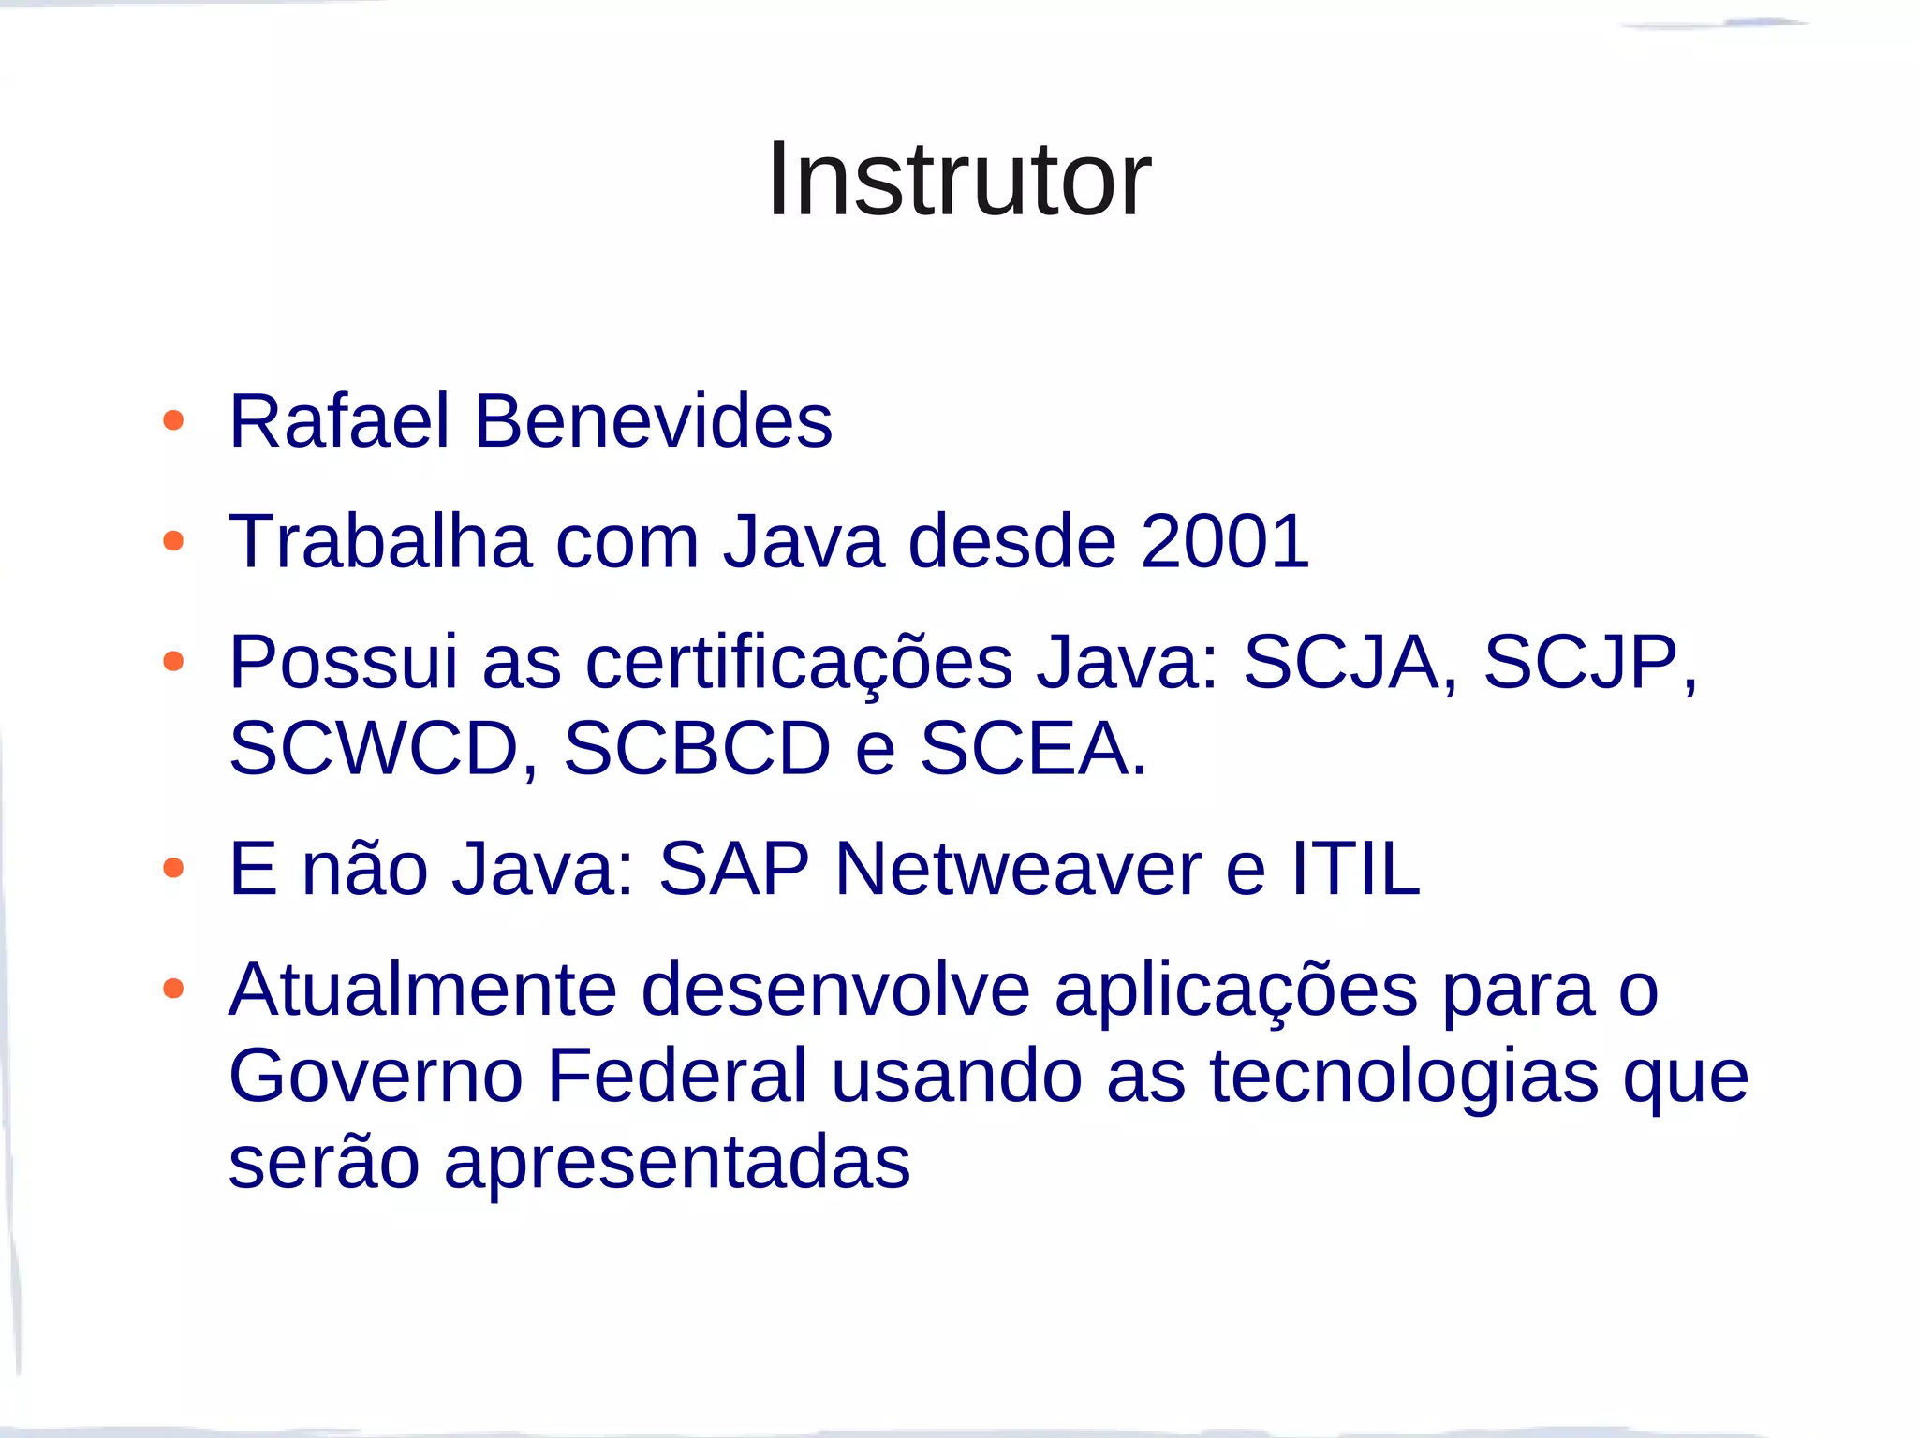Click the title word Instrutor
click(959, 179)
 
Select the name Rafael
click(340, 421)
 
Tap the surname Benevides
click(653, 421)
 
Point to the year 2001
click(1225, 541)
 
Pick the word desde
click(1011, 541)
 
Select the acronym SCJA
click(1341, 663)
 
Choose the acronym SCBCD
click(697, 749)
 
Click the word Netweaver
click(1018, 869)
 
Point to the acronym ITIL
click(1355, 869)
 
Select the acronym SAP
click(734, 869)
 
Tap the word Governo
click(376, 1076)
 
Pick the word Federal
click(677, 1076)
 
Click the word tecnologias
click(1404, 1076)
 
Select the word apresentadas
click(677, 1163)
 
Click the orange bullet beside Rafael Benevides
click(173, 420)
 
